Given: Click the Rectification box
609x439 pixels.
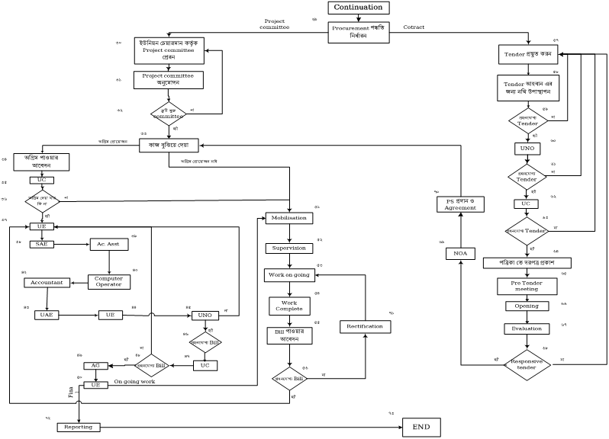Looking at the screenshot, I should tap(364, 326).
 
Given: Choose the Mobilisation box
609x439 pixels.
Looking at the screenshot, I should tap(288, 218).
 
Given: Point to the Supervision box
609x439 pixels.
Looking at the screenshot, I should tap(288, 248).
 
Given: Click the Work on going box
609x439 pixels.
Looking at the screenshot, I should tap(288, 275).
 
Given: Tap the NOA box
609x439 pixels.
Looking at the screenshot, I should tap(460, 252).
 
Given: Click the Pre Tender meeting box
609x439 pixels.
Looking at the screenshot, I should tap(526, 286).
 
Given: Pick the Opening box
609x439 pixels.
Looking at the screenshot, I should tap(526, 306).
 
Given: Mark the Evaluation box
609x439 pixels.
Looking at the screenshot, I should tap(526, 328).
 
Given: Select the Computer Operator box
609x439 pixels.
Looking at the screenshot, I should tap(108, 281).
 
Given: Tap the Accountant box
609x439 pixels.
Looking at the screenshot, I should tap(48, 283).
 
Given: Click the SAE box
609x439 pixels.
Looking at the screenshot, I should tap(40, 244).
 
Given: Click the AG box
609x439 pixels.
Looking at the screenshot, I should tap(95, 366).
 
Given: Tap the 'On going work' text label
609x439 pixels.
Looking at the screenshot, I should tap(134, 381).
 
